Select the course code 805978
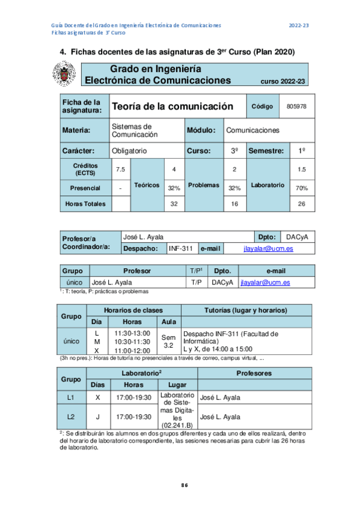coord(297,106)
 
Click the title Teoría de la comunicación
coord(172,106)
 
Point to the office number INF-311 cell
coord(180,248)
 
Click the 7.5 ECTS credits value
coord(120,170)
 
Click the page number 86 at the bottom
coord(185,485)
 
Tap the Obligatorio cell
coord(129,150)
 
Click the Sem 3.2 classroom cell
coord(168,342)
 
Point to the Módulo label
coord(203,130)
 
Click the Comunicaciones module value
coord(252,130)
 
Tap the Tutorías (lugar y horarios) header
coord(246,310)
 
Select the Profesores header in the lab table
coord(255,373)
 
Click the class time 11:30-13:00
coord(132,333)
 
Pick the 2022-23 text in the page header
coord(299,25)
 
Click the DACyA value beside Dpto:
coord(298,237)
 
